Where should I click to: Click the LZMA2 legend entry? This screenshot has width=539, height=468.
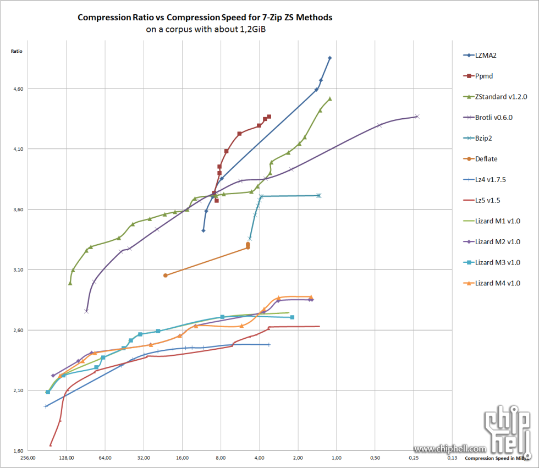click(x=486, y=55)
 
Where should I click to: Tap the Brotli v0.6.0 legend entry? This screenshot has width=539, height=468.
click(x=493, y=117)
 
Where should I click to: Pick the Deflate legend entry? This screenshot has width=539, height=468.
click(x=486, y=159)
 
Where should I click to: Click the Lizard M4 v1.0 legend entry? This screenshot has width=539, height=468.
click(x=497, y=283)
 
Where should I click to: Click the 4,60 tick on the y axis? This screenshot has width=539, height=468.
click(x=20, y=89)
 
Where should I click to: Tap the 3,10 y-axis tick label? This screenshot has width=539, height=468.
click(x=20, y=270)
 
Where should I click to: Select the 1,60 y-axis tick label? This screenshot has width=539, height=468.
click(x=20, y=451)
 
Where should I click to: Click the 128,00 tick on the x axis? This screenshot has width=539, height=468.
click(x=66, y=458)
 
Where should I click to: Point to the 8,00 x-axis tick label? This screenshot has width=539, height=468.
click(x=221, y=458)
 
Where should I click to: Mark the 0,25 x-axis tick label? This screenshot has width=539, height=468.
click(x=414, y=458)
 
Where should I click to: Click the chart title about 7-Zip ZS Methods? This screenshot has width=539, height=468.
click(x=205, y=18)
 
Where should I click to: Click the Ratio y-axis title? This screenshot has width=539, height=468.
click(x=16, y=51)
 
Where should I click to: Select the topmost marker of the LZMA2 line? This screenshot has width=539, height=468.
click(x=329, y=58)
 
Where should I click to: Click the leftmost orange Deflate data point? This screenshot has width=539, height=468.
click(x=165, y=275)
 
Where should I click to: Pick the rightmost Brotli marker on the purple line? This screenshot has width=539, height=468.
click(x=417, y=116)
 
